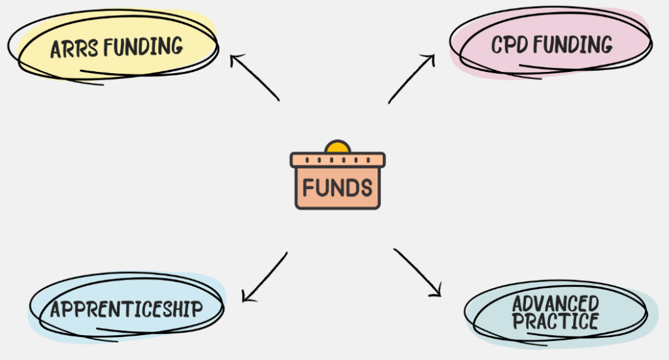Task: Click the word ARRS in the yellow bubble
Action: pyautogui.click(x=74, y=48)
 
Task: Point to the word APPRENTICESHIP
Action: pyautogui.click(x=126, y=309)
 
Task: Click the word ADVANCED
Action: pyautogui.click(x=555, y=304)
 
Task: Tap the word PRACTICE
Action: pyautogui.click(x=555, y=321)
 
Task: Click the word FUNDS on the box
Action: pyautogui.click(x=337, y=188)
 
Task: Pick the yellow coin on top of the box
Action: pyautogui.click(x=338, y=146)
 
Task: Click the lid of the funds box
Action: pyautogui.click(x=338, y=159)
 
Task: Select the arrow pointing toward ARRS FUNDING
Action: pyautogui.click(x=255, y=78)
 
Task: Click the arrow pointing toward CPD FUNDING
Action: pyautogui.click(x=412, y=78)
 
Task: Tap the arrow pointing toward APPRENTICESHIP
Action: pyautogui.click(x=265, y=276)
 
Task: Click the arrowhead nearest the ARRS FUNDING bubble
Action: pyautogui.click(x=235, y=59)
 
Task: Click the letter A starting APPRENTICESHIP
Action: pyautogui.click(x=56, y=310)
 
